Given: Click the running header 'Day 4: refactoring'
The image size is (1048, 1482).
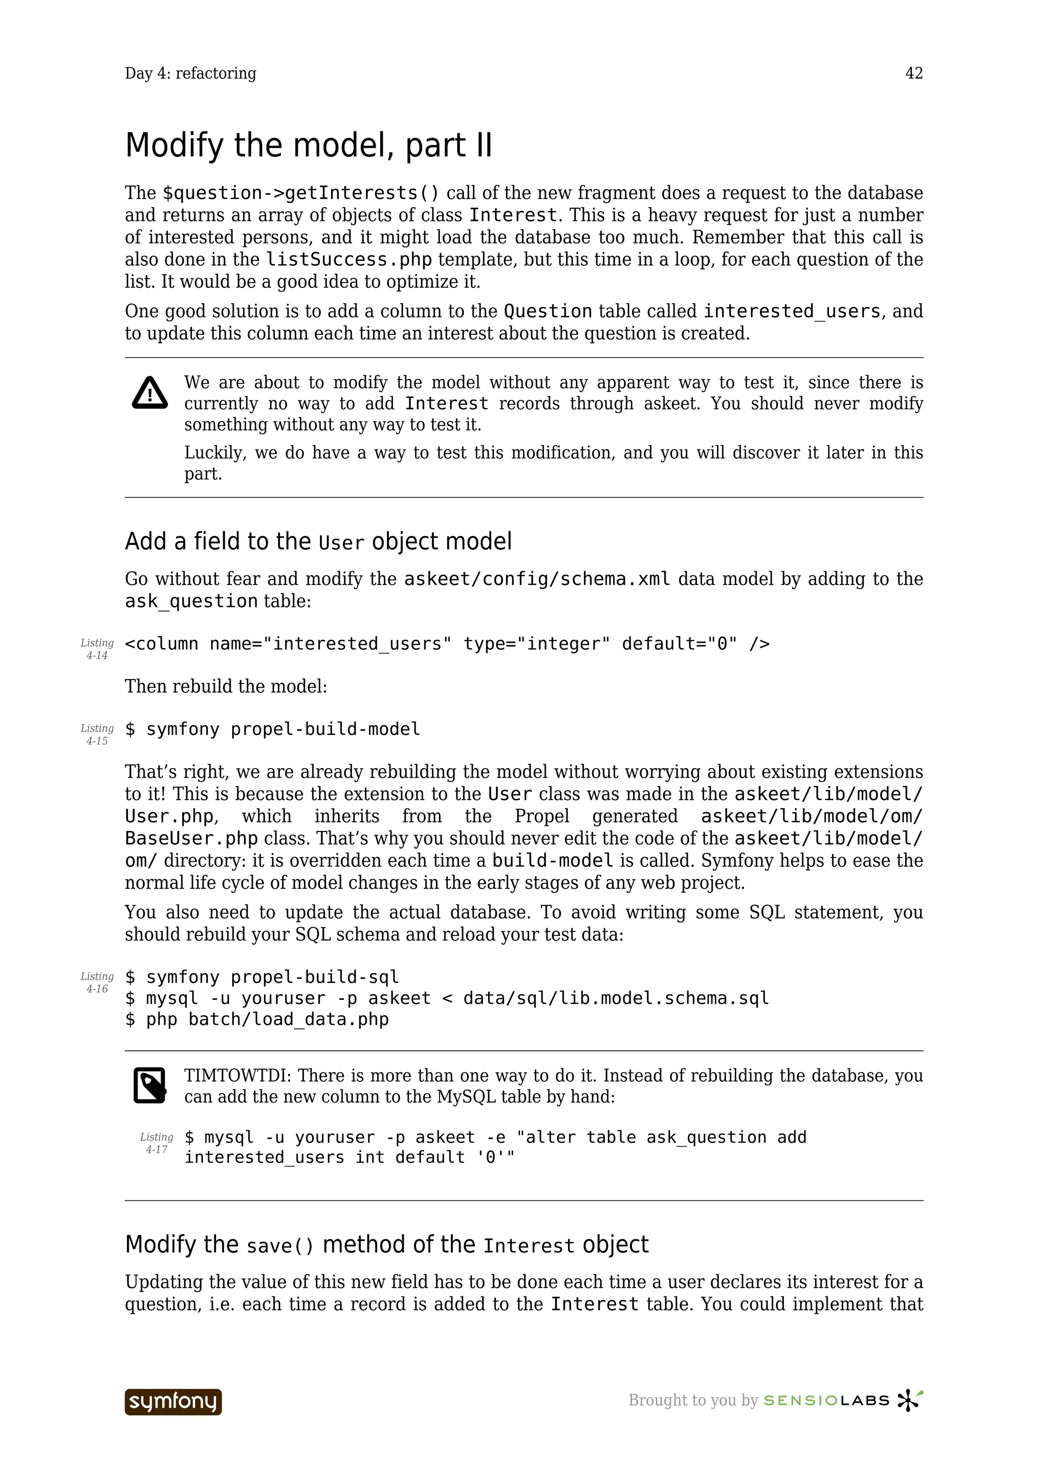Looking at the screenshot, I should coord(190,74).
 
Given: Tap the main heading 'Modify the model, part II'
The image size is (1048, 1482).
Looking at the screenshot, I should coord(308,145).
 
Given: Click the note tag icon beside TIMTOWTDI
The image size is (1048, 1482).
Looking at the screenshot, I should coord(150,1085).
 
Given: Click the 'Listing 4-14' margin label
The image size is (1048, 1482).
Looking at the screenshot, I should coord(97,649).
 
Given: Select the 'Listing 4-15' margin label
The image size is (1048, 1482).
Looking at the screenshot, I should coord(97,734).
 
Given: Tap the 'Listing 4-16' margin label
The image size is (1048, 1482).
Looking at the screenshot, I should coord(97,982).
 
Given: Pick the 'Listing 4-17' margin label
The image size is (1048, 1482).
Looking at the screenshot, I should coord(156,1142).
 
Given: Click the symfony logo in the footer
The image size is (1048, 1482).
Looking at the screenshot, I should coord(173,1401).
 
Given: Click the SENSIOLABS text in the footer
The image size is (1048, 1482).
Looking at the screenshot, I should coord(826,1401).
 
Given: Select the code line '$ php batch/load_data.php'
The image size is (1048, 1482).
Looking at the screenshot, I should coord(256,1019).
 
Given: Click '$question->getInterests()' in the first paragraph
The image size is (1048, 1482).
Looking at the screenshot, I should coord(300,193).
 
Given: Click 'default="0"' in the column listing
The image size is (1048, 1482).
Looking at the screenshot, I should coord(679,643).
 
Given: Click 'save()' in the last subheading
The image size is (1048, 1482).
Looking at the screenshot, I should coord(279,1246).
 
